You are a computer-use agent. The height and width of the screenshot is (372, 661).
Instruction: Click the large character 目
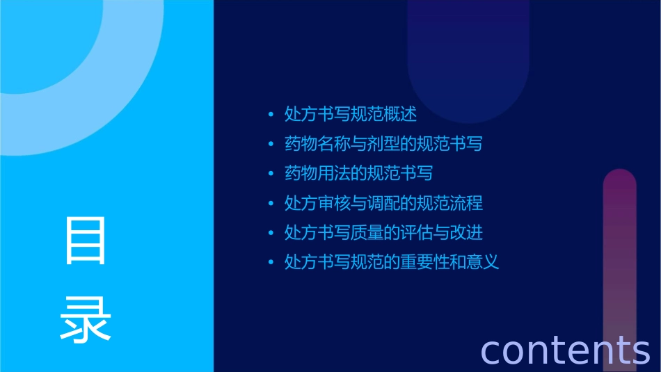click(x=86, y=241)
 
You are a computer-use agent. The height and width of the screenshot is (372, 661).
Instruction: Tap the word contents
click(x=565, y=350)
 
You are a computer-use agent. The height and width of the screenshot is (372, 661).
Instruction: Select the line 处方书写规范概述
click(x=351, y=114)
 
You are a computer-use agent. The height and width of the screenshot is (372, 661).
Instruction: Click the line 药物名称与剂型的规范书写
click(x=383, y=144)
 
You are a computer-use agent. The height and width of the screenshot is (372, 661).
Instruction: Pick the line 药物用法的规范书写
click(x=359, y=173)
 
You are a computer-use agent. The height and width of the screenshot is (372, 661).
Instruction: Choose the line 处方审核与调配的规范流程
click(x=383, y=203)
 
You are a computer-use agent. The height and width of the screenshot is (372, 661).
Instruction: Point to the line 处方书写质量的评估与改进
click(x=383, y=232)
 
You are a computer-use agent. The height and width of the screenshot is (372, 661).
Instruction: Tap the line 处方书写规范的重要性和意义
click(x=392, y=262)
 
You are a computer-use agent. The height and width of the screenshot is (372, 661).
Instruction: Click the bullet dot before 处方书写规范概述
click(x=271, y=115)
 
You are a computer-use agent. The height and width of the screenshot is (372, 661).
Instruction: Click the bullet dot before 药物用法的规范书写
click(x=271, y=174)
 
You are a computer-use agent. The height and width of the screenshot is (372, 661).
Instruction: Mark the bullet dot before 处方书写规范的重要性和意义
click(x=271, y=263)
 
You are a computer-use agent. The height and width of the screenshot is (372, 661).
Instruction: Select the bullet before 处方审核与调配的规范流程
click(x=271, y=204)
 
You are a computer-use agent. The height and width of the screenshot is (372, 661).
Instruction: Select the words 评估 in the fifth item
click(x=424, y=232)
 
